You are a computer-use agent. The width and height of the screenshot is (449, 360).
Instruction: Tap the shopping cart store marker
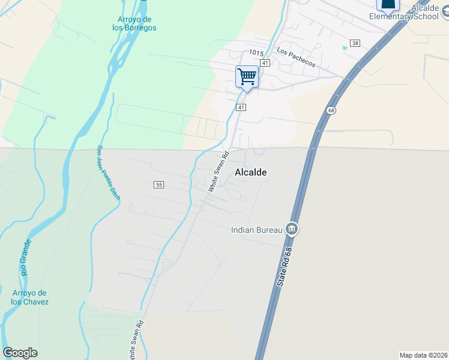247,77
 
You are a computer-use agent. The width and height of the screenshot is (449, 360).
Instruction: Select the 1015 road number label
256,53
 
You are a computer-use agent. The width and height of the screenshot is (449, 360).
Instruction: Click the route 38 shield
355,43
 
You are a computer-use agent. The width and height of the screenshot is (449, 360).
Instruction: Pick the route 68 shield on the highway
331,110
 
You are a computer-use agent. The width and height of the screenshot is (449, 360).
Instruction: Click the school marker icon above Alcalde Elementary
387,5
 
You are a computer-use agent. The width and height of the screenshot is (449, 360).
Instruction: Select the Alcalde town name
250,172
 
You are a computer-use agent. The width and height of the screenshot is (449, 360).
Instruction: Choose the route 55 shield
158,185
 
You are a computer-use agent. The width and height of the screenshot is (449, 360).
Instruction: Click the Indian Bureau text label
257,229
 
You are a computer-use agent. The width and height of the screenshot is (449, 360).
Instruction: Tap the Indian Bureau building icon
292,229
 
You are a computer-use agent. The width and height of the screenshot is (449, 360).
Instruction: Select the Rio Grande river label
26,257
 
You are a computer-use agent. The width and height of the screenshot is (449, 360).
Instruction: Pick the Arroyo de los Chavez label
29,297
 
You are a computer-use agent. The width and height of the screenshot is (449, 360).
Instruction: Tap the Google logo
20,353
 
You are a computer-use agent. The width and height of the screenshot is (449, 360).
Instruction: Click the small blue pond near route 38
345,47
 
